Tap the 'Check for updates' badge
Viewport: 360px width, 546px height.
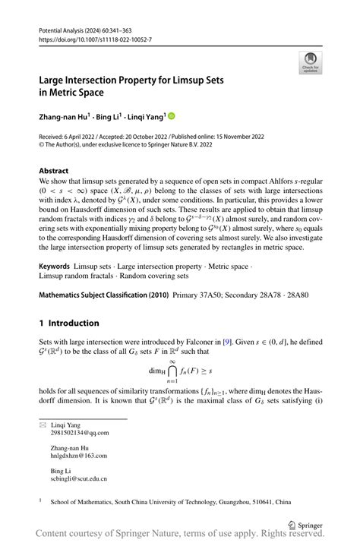pyautogui.click(x=310, y=62)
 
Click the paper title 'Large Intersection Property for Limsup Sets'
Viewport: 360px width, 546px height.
pyautogui.click(x=136, y=79)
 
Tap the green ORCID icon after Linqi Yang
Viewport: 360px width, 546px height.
pyautogui.click(x=171, y=116)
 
